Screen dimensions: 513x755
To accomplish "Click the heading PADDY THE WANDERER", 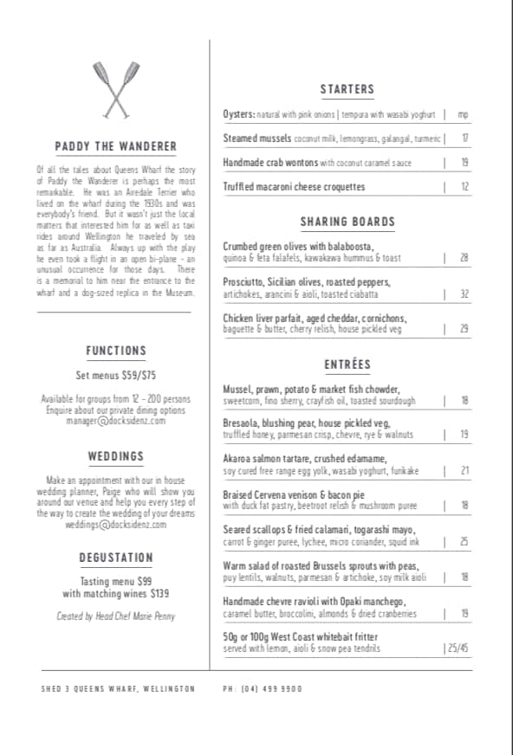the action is click(x=116, y=146).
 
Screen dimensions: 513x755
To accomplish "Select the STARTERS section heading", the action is click(x=347, y=89).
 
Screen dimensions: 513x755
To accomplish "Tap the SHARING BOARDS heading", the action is click(x=347, y=222).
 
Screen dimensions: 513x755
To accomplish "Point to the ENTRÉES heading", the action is click(x=347, y=365).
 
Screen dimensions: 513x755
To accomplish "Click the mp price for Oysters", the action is click(x=463, y=114).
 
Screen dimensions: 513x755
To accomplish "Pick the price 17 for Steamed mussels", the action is click(x=464, y=139).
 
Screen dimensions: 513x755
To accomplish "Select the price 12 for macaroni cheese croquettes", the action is click(x=464, y=187).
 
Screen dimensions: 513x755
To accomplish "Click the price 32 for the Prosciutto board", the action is click(x=464, y=294).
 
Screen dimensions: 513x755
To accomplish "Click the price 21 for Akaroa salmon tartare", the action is click(x=464, y=471).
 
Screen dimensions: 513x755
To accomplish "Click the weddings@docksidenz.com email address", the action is click(x=115, y=525).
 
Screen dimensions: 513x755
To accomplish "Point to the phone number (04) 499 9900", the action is click(x=263, y=689).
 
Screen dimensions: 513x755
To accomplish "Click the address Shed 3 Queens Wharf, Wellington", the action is click(x=118, y=689).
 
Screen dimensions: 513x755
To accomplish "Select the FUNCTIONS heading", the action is click(x=116, y=351).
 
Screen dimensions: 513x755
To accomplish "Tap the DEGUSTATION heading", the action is click(x=116, y=558).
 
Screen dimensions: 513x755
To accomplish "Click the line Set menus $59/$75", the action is click(x=116, y=376).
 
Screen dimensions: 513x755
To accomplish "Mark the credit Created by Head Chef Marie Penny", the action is click(x=116, y=616).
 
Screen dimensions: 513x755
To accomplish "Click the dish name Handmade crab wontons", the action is click(x=270, y=163).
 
